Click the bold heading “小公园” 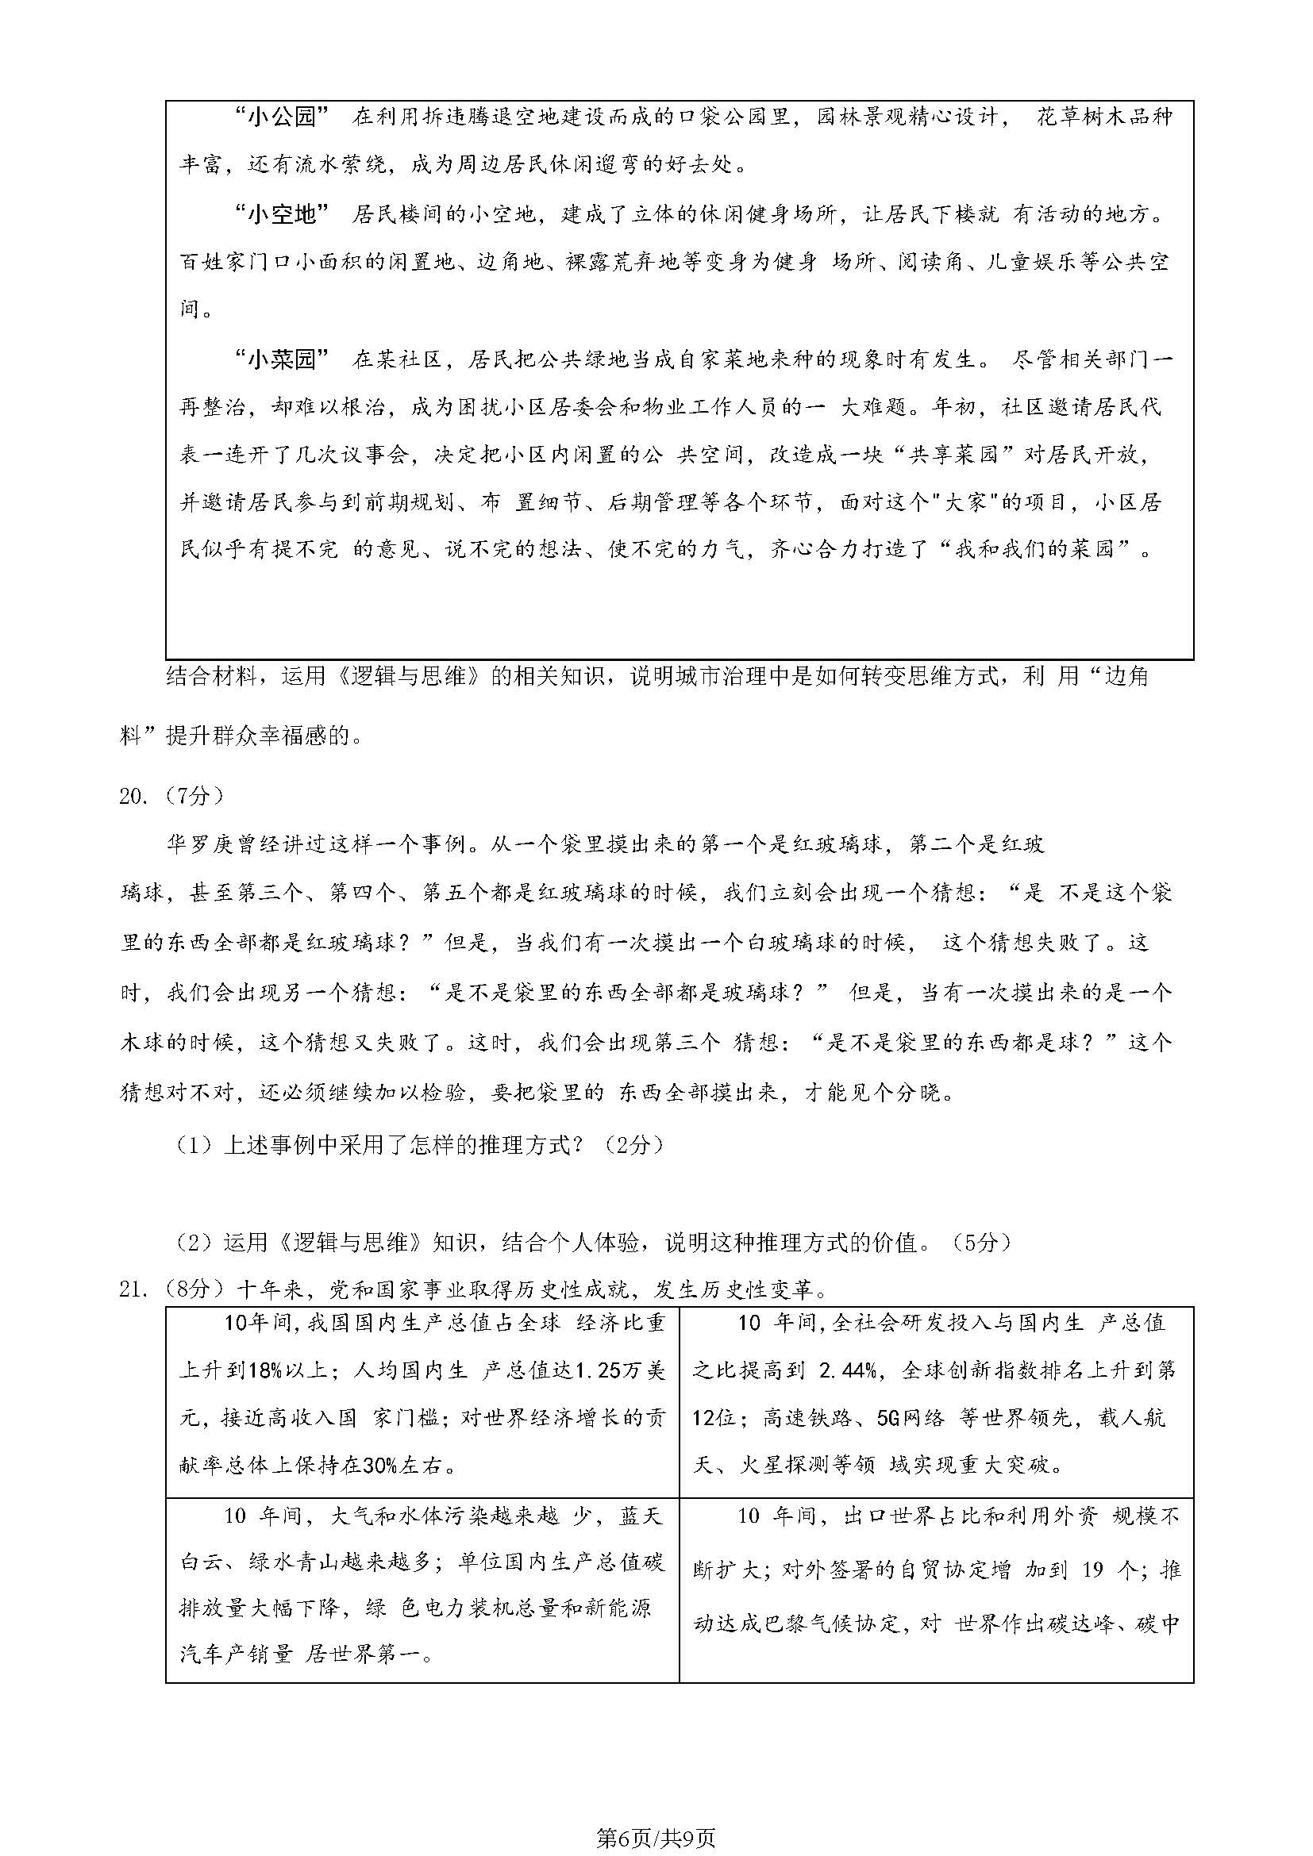[x=281, y=118]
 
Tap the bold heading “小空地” [x=281, y=214]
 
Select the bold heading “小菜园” [x=281, y=359]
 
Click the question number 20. [x=133, y=796]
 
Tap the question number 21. [x=133, y=1289]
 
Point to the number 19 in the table [x=1091, y=1570]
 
